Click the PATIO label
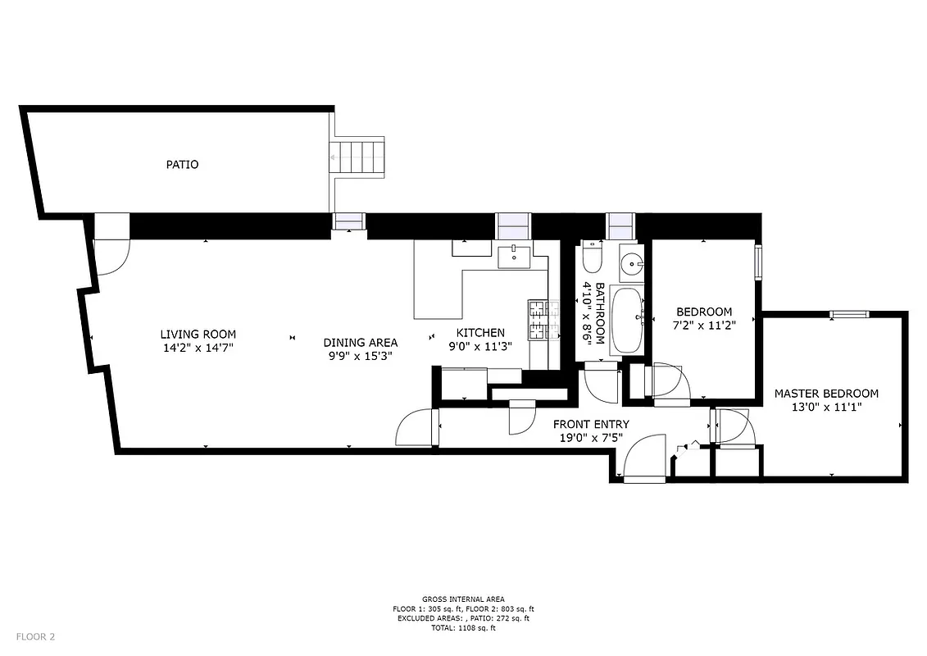182,164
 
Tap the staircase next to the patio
357,157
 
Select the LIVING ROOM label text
198,334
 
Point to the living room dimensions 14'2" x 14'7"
198,348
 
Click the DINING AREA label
360,343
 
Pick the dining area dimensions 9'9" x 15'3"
360,356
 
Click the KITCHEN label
480,333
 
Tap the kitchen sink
515,257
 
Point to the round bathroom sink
631,264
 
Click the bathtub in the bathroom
629,320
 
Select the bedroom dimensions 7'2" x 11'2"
703,325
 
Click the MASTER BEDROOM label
826,394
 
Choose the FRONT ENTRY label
591,424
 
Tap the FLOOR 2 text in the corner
35,636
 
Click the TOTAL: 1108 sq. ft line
463,628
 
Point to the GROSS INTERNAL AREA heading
463,599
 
